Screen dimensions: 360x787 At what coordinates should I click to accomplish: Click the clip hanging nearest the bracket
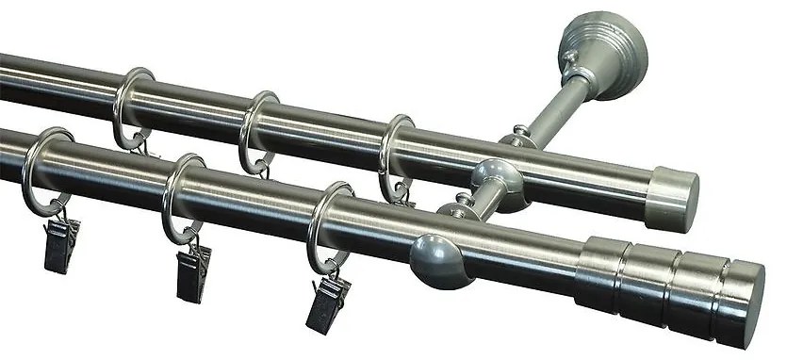coord(324,301)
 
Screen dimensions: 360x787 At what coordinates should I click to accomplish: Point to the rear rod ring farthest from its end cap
coord(131,106)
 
